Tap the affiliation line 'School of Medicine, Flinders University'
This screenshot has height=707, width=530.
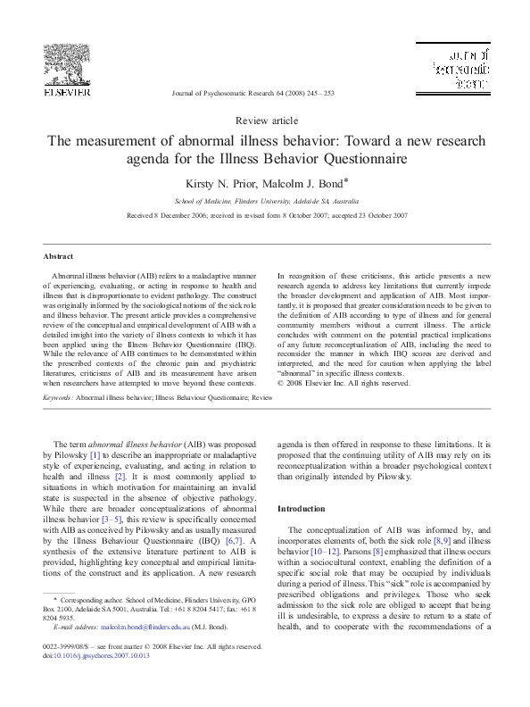tap(265, 202)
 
